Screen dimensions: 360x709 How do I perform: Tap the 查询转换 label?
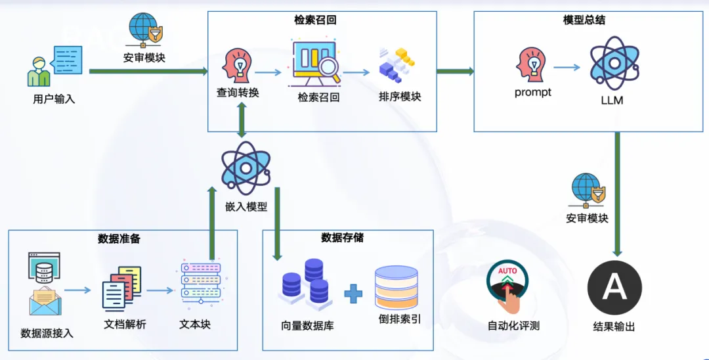(238, 93)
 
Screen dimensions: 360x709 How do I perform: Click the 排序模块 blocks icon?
(397, 64)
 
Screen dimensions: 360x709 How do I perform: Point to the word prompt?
(532, 93)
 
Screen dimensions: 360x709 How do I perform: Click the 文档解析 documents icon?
(122, 288)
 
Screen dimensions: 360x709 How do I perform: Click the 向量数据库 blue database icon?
(305, 284)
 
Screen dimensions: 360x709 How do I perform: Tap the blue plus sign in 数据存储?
(353, 294)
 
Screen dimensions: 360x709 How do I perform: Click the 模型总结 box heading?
(584, 20)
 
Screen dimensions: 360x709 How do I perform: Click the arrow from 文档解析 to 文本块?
(160, 289)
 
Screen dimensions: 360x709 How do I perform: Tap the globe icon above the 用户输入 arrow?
(142, 28)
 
